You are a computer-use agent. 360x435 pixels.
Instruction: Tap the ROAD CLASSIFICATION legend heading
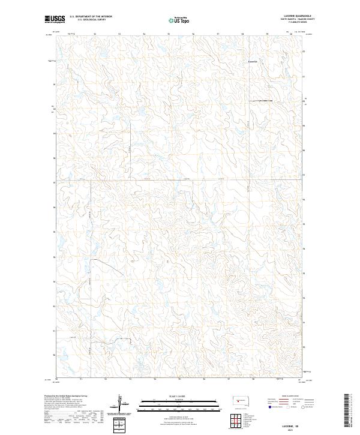click(292, 397)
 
